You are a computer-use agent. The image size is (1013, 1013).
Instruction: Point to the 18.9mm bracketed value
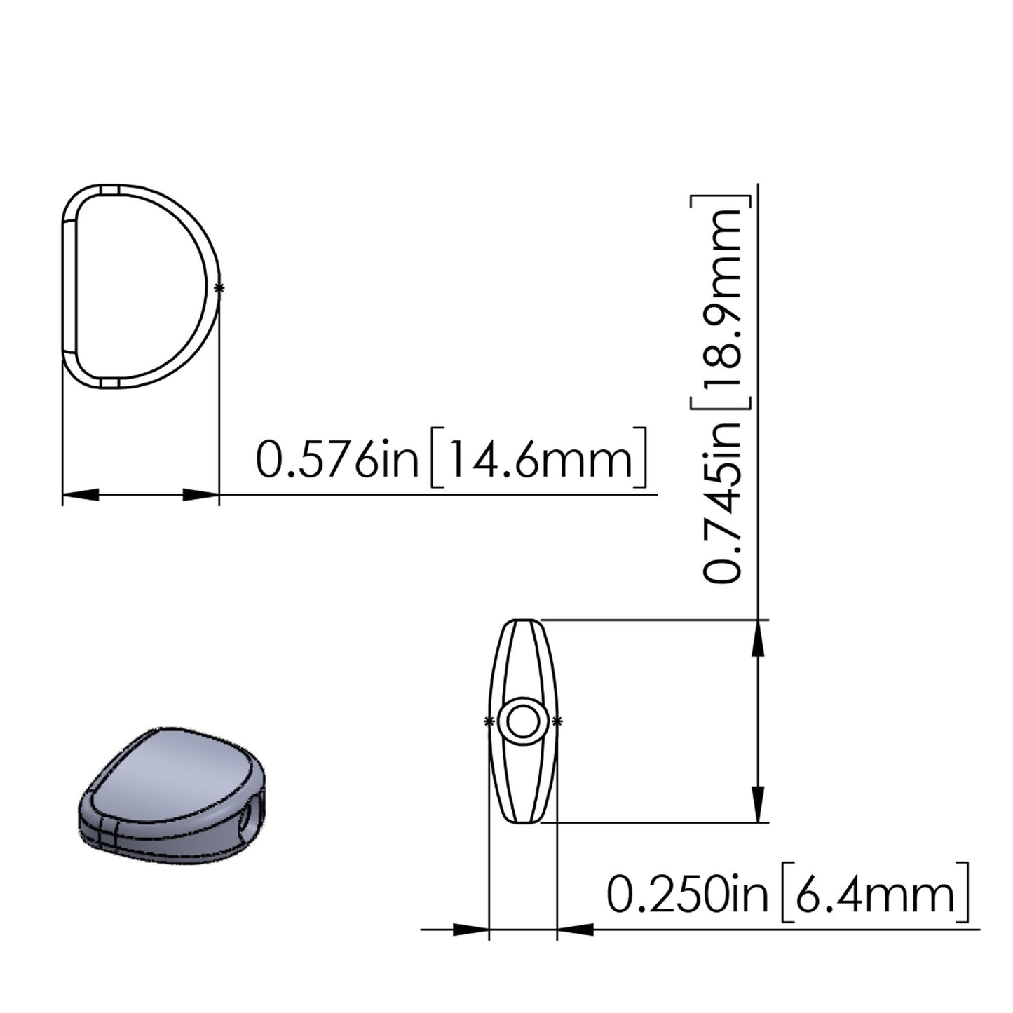[722, 301]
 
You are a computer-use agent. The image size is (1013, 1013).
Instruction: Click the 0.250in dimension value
[687, 895]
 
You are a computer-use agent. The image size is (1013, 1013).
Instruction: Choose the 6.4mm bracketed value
[875, 895]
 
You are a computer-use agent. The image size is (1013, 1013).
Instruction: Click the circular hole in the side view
[522, 721]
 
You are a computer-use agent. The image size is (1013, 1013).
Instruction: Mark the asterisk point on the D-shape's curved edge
[219, 287]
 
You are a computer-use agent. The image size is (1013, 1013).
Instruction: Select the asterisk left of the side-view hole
[487, 721]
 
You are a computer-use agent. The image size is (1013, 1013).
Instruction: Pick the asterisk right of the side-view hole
[557, 721]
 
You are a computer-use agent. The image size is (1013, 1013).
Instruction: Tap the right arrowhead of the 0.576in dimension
[201, 495]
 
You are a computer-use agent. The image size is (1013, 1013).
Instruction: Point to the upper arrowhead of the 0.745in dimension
[758, 638]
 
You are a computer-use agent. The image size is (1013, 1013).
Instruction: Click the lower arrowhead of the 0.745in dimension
[758, 804]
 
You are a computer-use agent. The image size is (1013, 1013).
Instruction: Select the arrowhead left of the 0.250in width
[471, 930]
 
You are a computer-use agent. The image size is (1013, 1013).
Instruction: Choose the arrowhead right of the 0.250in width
[576, 930]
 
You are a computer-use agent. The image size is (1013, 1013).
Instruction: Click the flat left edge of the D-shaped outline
[64, 287]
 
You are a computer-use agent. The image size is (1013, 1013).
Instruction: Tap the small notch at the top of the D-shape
[109, 189]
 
